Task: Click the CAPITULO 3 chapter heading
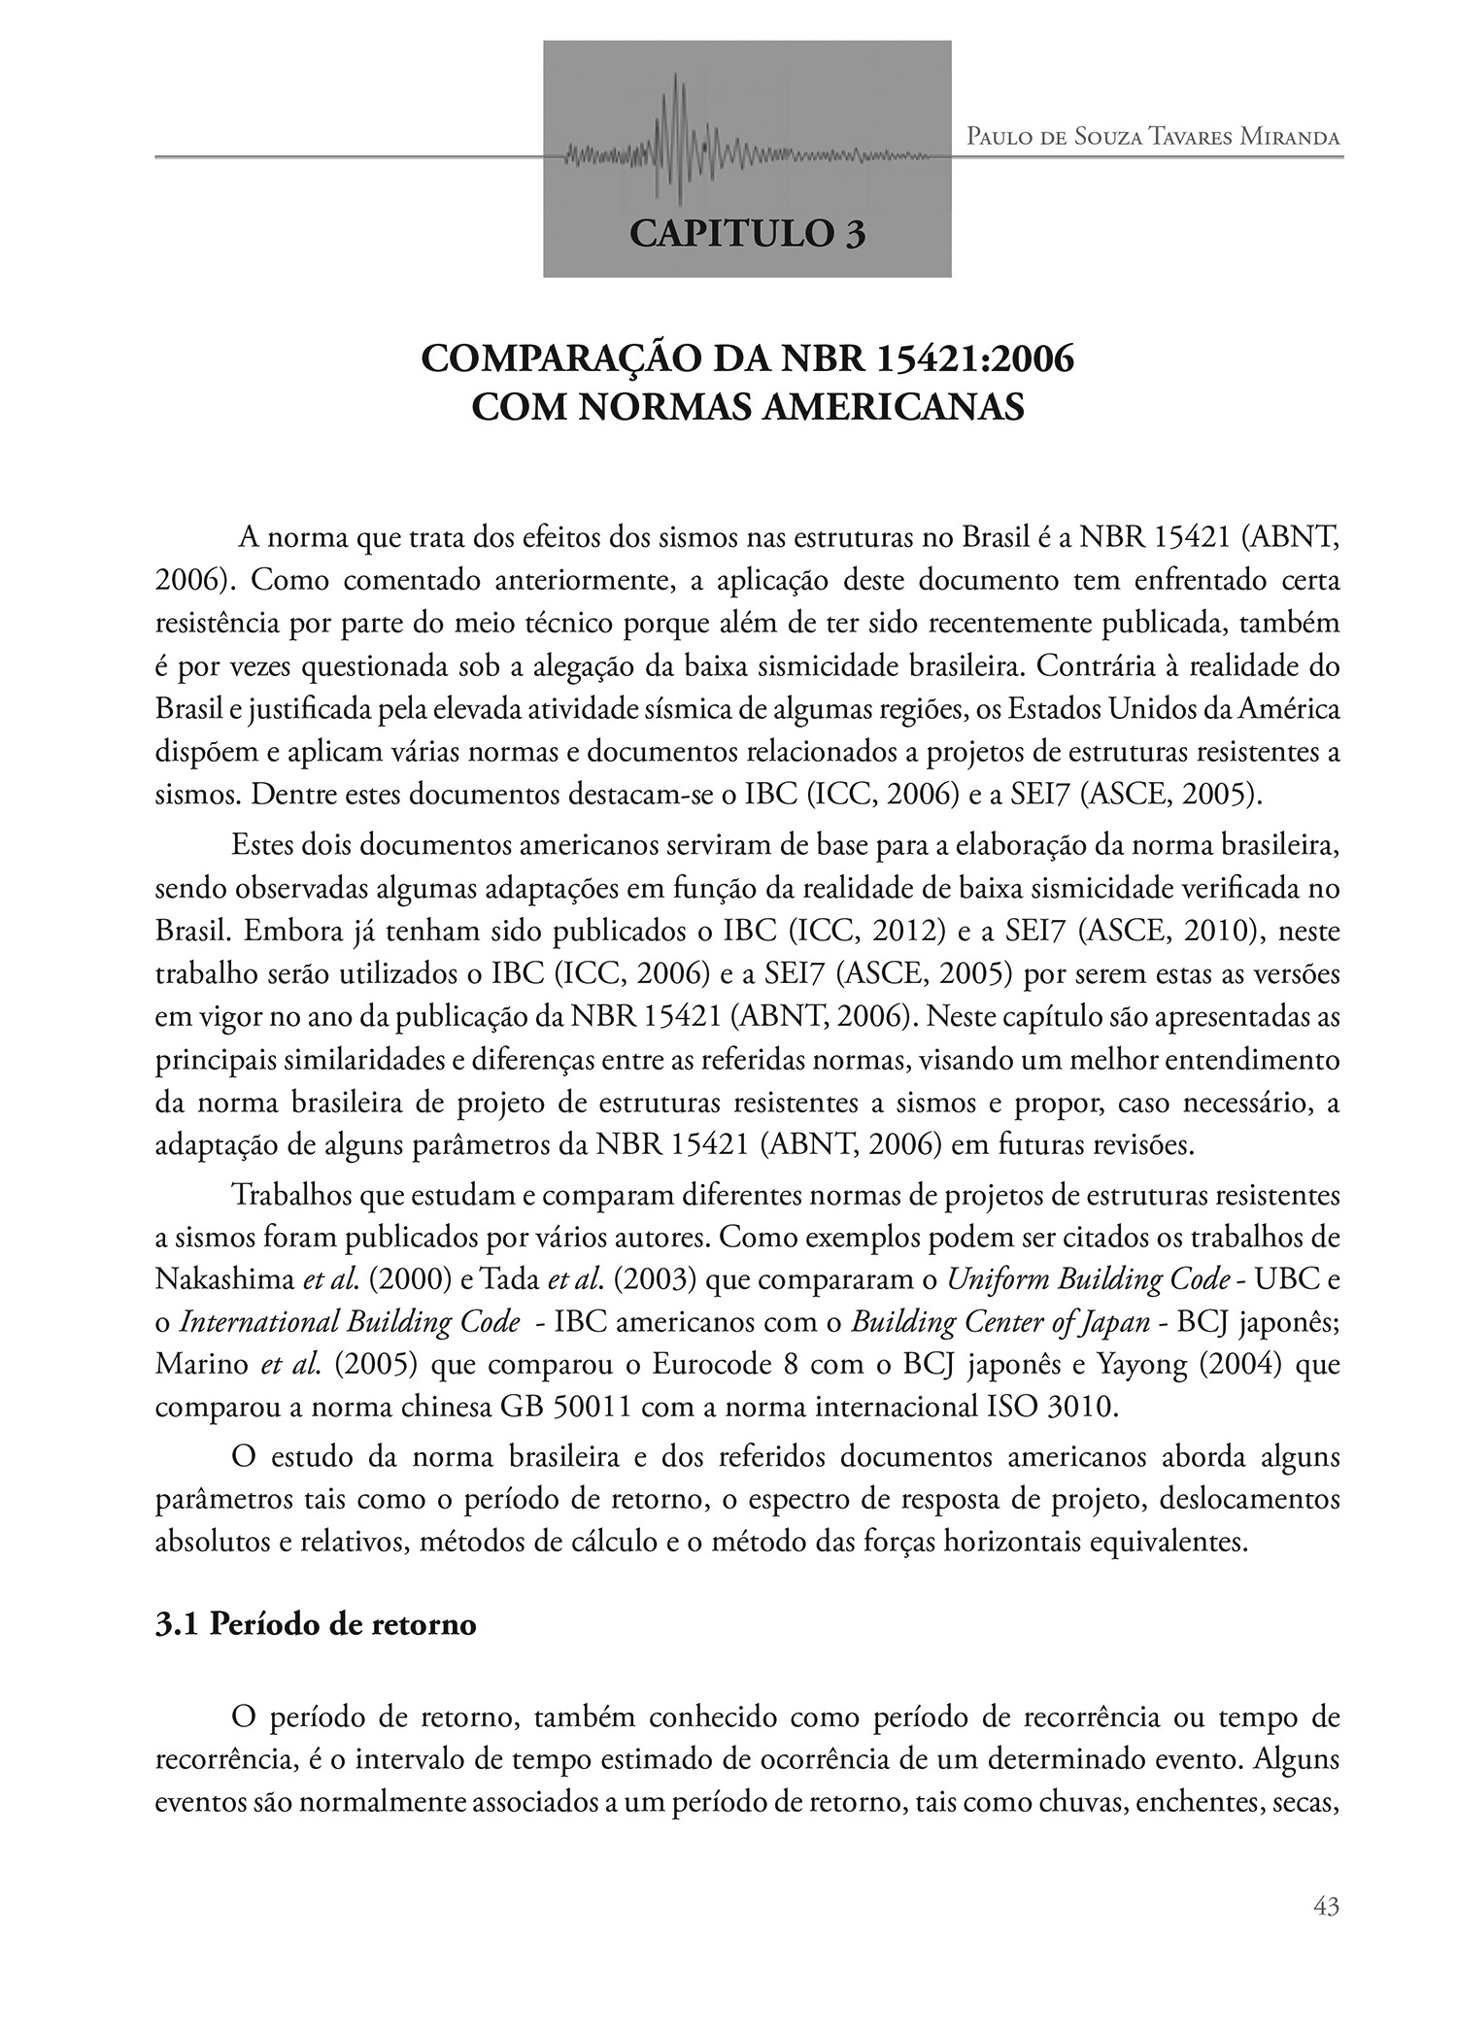(747, 233)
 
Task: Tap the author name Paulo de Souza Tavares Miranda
(1153, 137)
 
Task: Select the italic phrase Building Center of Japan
(996, 1322)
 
